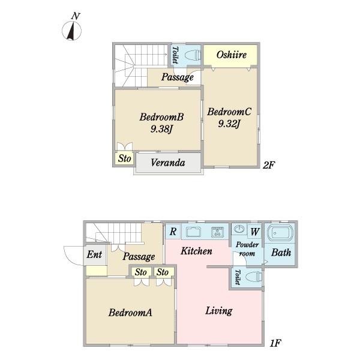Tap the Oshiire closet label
click(231, 55)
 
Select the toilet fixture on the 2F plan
click(193, 55)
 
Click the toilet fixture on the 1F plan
click(253, 277)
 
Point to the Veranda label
click(168, 163)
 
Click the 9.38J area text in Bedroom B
click(161, 129)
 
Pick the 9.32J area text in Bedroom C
click(229, 124)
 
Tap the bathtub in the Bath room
click(280, 233)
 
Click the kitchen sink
click(193, 232)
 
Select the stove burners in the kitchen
click(217, 232)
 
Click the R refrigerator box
click(173, 232)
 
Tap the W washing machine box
click(254, 232)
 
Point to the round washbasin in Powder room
click(239, 229)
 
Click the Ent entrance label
click(94, 254)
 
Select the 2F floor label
click(269, 165)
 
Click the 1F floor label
click(275, 343)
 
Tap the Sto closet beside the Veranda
click(125, 158)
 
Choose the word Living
click(219, 311)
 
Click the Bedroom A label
click(130, 313)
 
